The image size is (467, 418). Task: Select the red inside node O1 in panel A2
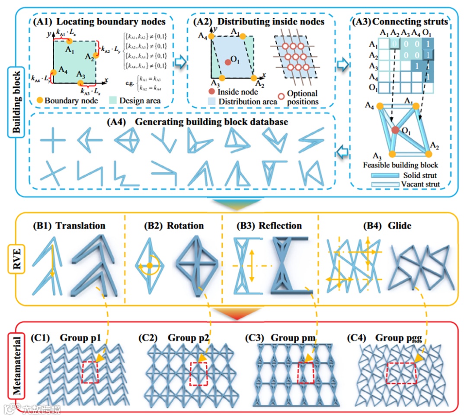(x=228, y=62)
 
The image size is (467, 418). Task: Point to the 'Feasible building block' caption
(x=401, y=165)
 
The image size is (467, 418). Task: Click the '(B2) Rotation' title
(x=174, y=225)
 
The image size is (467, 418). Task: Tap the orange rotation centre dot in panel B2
(x=149, y=265)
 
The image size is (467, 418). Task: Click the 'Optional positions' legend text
(x=302, y=98)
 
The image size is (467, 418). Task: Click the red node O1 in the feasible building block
(x=395, y=130)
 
